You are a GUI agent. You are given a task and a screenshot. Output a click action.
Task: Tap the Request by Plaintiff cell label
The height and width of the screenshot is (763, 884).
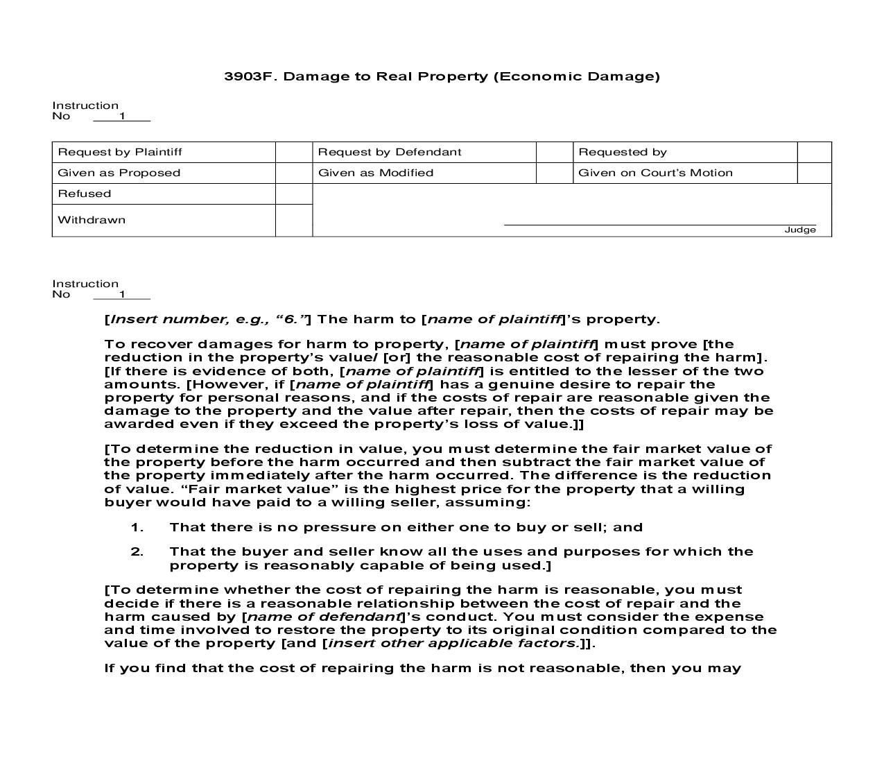click(x=120, y=152)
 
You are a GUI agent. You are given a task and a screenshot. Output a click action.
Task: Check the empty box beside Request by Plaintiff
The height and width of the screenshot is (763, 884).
click(x=294, y=152)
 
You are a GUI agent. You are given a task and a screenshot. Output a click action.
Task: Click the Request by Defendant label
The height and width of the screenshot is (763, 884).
click(x=390, y=152)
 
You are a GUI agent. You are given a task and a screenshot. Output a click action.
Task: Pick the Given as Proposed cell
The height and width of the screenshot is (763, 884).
click(x=119, y=173)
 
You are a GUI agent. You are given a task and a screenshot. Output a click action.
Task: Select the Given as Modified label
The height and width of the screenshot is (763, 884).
click(x=376, y=173)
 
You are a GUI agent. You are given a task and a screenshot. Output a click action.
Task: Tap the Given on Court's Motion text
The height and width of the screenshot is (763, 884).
click(x=655, y=173)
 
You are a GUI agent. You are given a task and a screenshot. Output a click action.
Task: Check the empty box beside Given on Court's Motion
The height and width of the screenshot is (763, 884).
click(x=814, y=173)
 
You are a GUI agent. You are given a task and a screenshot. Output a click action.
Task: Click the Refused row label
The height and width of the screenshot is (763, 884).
click(x=85, y=194)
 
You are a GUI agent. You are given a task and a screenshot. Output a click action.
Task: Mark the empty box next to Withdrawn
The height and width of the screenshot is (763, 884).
click(x=294, y=220)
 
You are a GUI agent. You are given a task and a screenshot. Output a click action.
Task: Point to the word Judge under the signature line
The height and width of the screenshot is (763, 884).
click(x=800, y=230)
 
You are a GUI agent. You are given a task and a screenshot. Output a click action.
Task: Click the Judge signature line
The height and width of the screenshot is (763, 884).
click(x=659, y=224)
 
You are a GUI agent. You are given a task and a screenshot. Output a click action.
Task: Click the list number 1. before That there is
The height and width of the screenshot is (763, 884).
click(x=137, y=527)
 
